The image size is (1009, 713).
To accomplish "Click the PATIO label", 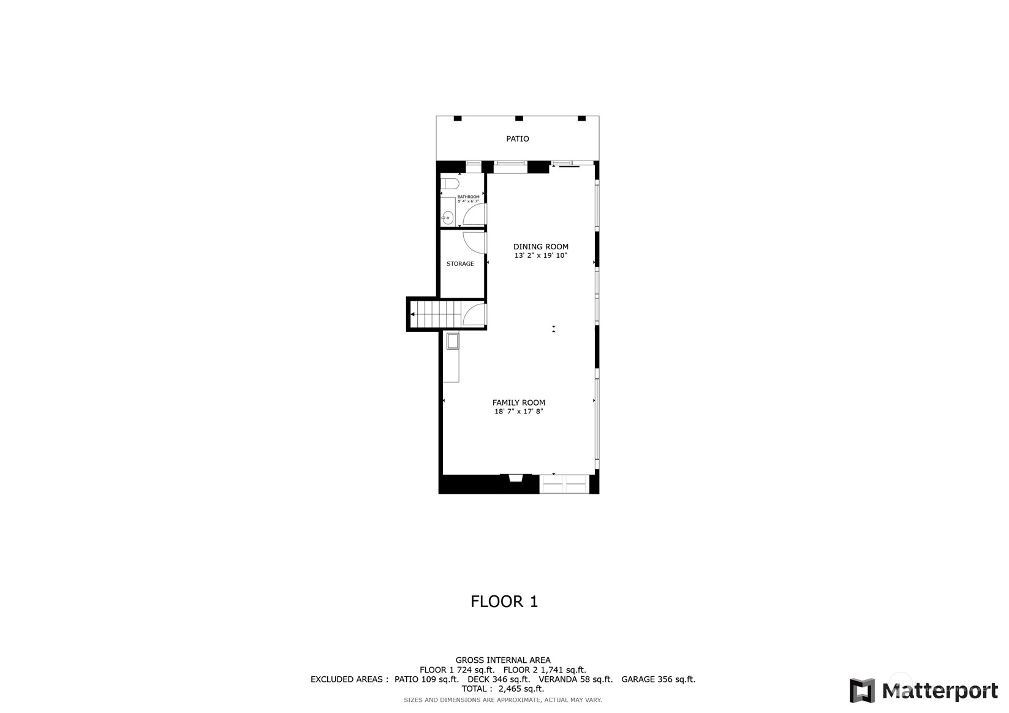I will pos(517,139).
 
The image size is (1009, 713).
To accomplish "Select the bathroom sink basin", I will pos(448,217).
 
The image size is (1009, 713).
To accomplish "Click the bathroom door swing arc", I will pos(473,213).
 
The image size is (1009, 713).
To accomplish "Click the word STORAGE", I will pos(460,264).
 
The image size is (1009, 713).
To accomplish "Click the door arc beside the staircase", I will pos(474,314).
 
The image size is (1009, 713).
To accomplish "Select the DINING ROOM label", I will pos(540,247).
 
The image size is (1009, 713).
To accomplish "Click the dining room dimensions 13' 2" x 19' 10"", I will pos(540,255).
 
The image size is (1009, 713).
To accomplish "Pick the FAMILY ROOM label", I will pos(518,402).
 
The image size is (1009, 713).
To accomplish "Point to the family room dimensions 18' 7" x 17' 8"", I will pos(518,412).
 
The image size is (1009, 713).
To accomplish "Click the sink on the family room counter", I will pos(453,341).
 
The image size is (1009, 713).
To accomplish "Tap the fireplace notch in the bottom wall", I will pos(515,479).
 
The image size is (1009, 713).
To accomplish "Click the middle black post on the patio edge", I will pos(519,118).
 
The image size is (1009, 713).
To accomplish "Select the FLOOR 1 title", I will pos(504,602).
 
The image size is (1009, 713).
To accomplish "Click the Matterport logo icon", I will pos(862,690).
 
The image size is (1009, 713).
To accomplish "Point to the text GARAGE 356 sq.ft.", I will pos(658,679).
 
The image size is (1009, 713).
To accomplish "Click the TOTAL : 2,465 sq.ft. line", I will pos(502,688).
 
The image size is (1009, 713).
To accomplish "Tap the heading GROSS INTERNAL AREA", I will pos(502,660).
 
